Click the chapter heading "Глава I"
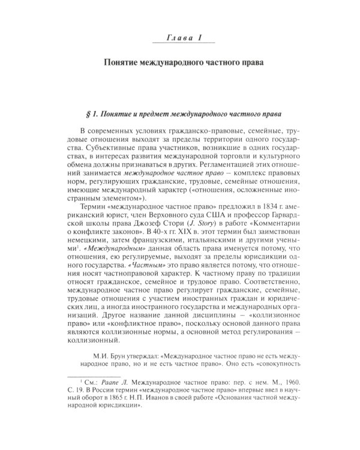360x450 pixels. (179, 38)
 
